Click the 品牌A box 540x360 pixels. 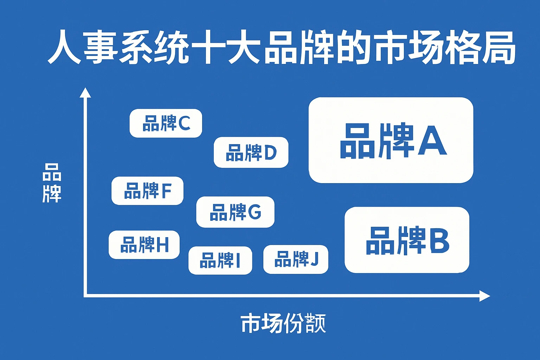tap(391, 140)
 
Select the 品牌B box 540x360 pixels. tap(407, 240)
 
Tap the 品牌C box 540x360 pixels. tap(166, 123)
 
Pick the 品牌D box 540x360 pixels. tap(251, 152)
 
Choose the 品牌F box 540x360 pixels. tap(147, 191)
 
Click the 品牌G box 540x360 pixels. tap(235, 212)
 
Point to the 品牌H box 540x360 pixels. tap(144, 245)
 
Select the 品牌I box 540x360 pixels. tap(220, 261)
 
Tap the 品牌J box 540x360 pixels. tap(296, 259)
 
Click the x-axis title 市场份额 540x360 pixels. tap(283, 323)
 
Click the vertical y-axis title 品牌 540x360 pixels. tap(52, 183)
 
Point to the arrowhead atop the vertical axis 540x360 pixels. tap(85, 93)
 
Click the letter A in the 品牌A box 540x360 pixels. tap(432, 141)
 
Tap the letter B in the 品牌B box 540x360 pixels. tap(439, 241)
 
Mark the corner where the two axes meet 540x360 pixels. tap(85, 296)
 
